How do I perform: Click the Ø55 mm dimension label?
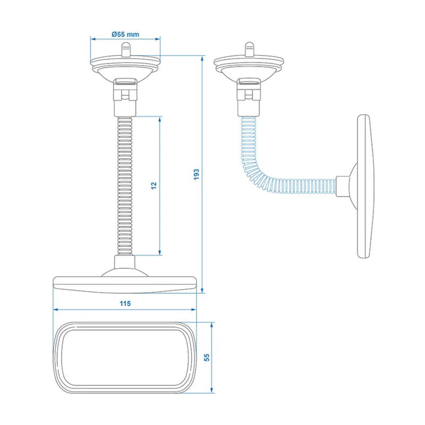coord(125,34)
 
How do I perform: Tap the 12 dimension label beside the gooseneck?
coord(154,185)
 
